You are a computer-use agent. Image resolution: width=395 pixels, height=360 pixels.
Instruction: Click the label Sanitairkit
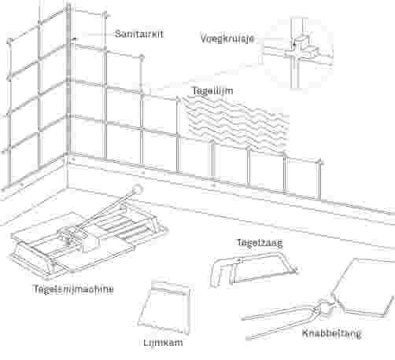click(x=139, y=34)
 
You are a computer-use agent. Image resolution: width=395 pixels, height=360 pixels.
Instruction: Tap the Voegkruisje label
click(x=227, y=39)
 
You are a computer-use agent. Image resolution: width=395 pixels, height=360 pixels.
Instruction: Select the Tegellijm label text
click(x=212, y=91)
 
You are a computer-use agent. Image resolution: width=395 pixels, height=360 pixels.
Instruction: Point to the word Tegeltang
click(x=260, y=242)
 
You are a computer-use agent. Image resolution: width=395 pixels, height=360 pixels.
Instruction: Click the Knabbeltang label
click(x=332, y=333)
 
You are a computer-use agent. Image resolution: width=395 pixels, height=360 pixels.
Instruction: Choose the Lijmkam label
click(x=163, y=342)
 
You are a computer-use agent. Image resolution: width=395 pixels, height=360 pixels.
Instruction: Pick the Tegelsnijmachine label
click(x=73, y=289)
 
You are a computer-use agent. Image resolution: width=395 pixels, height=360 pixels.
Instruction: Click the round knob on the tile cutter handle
click(x=137, y=189)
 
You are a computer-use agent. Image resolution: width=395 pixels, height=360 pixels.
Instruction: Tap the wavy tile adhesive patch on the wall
click(x=236, y=123)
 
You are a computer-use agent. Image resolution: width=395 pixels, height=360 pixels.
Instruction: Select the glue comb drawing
click(x=164, y=308)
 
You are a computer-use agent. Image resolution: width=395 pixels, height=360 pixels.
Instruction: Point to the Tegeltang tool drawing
click(x=253, y=269)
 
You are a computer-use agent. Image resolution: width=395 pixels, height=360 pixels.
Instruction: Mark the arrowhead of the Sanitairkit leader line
click(x=75, y=39)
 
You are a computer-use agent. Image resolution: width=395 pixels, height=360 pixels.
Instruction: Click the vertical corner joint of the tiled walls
click(x=68, y=79)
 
